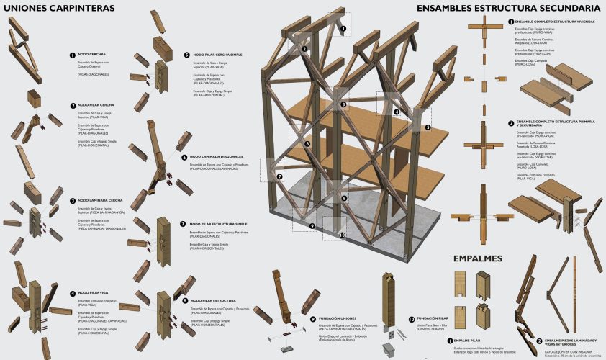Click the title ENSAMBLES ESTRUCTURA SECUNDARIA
click(507, 8)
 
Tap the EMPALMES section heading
click(477, 258)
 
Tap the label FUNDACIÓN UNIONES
click(338, 318)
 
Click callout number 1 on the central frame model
click(344, 30)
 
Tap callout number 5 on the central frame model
click(428, 127)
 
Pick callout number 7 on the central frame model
click(280, 176)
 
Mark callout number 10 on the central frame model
click(343, 235)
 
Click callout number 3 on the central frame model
click(345, 105)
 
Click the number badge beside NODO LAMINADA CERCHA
click(73, 201)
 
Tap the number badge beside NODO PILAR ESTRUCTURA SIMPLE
click(184, 224)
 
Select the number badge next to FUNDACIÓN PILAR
click(412, 318)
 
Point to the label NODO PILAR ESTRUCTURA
click(212, 300)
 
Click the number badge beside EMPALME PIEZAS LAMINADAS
click(539, 340)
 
